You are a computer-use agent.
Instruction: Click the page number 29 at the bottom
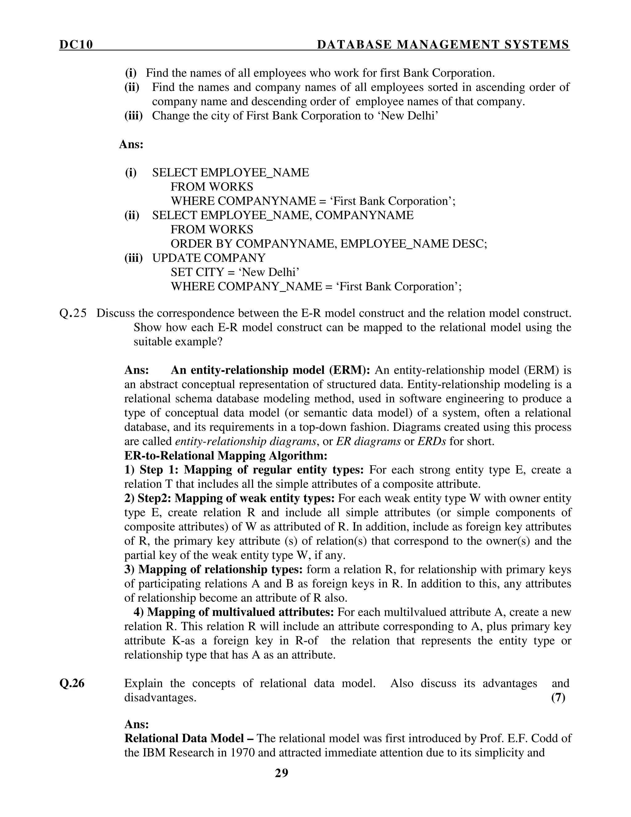click(282, 773)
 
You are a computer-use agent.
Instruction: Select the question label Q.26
click(72, 684)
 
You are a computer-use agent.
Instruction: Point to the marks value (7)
click(558, 698)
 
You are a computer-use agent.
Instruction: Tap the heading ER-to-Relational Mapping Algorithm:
click(226, 456)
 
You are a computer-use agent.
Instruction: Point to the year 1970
click(241, 752)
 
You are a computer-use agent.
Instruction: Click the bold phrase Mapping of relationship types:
click(221, 569)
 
